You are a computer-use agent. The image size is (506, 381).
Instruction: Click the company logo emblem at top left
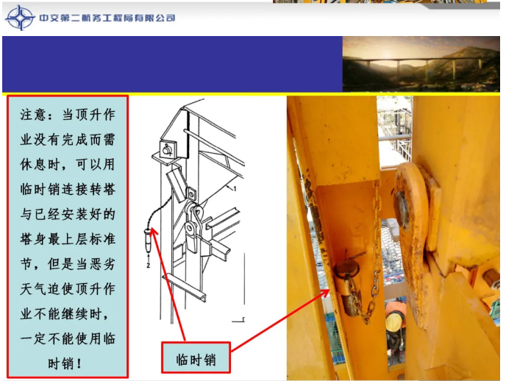click(x=20, y=18)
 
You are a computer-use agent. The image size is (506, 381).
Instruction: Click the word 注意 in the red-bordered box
click(x=32, y=116)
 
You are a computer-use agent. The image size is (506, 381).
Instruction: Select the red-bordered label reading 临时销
click(x=196, y=359)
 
